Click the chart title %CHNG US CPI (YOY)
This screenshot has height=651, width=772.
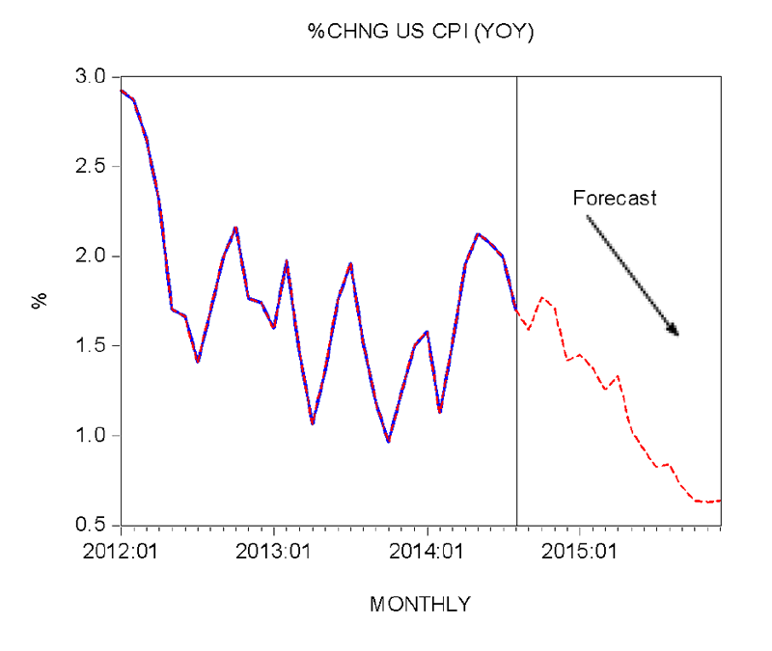click(x=421, y=32)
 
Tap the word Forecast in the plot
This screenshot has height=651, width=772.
click(x=615, y=199)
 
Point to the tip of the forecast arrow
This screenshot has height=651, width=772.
click(x=678, y=335)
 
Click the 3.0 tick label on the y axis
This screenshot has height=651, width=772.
click(x=95, y=76)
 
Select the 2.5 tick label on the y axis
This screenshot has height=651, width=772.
click(x=95, y=166)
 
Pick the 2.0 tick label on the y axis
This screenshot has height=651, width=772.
click(x=95, y=257)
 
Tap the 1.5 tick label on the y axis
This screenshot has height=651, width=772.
click(x=95, y=346)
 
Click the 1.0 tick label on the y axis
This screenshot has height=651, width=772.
click(x=95, y=436)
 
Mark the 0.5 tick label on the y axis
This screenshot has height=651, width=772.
click(x=95, y=526)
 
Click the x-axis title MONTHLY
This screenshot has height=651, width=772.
click(x=421, y=605)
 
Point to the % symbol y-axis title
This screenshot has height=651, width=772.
click(x=40, y=301)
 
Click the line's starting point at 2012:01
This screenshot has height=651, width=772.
click(x=121, y=90)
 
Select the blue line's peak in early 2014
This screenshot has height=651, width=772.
click(x=478, y=234)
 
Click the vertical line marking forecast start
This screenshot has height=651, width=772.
click(x=517, y=289)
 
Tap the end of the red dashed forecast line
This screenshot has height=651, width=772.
click(x=720, y=500)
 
